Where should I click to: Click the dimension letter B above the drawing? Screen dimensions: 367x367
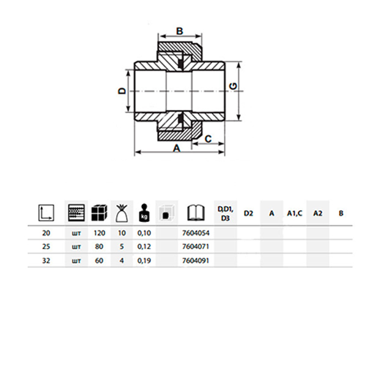point(179,31)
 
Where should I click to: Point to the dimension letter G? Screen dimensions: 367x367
point(233,86)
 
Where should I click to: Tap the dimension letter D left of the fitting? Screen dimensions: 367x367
point(122,91)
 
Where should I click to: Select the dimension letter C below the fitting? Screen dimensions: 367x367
point(208,139)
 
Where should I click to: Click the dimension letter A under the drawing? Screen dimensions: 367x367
point(177,148)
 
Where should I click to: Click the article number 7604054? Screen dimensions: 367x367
point(196,233)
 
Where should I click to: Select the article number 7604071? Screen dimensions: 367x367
point(196,247)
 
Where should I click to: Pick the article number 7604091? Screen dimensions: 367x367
point(196,261)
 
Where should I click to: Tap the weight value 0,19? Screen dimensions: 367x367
point(144,261)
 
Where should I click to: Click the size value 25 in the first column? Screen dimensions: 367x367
point(46,247)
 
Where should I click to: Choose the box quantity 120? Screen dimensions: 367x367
point(99,233)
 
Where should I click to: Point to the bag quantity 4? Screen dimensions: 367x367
point(122,261)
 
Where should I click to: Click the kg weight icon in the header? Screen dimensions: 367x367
point(144,213)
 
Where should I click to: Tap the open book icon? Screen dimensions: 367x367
point(196,213)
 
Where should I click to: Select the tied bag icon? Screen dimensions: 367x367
point(122,213)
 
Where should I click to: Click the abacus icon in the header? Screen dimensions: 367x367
point(76,213)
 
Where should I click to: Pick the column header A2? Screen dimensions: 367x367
point(318,213)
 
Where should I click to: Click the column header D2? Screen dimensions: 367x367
point(248,213)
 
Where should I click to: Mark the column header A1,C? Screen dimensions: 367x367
point(295,213)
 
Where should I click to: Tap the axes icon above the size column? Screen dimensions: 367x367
point(46,213)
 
